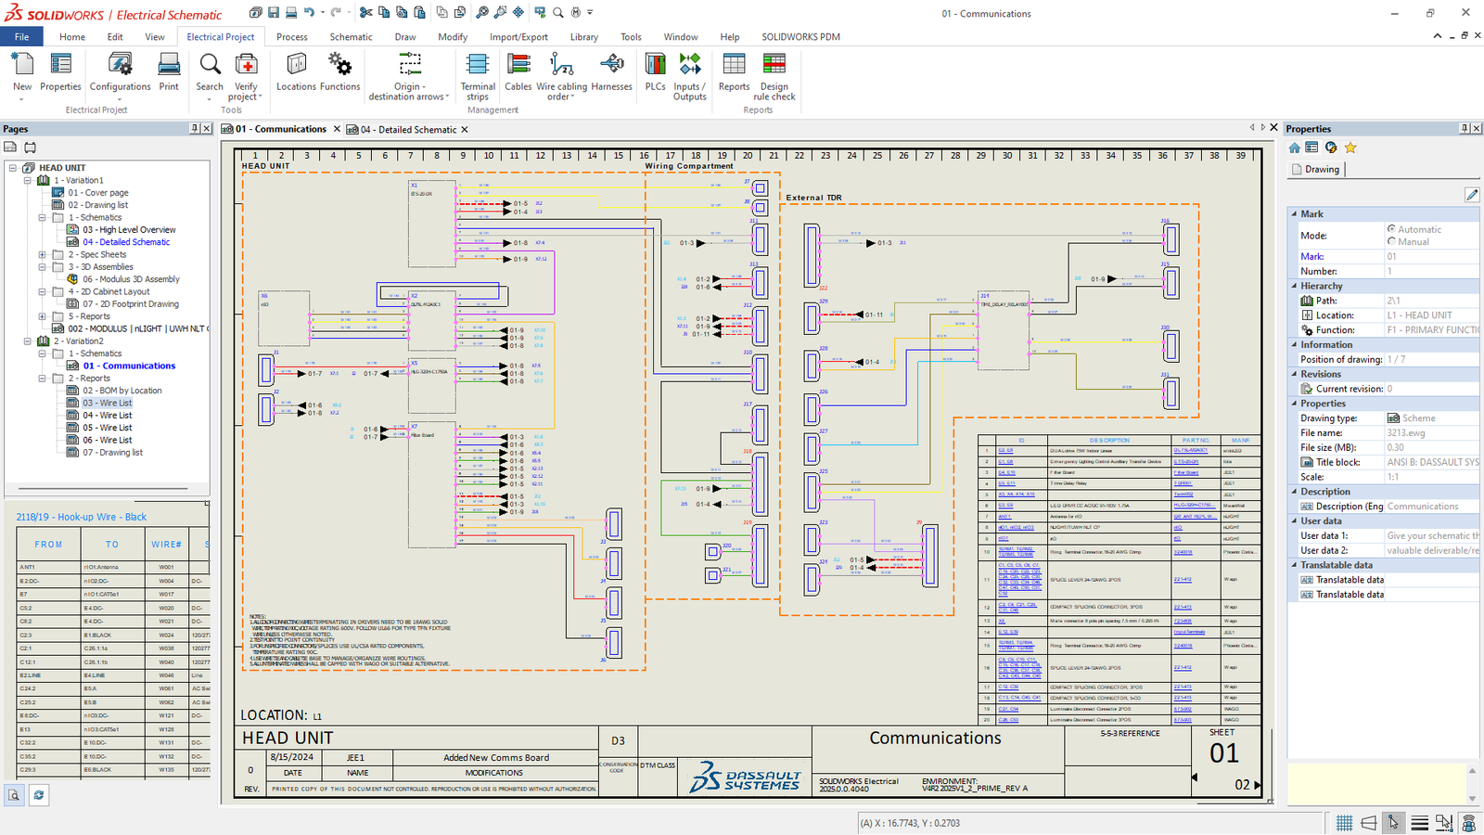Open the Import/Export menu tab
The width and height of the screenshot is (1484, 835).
pyautogui.click(x=518, y=37)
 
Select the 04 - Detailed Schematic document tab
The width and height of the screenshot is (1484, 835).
pyautogui.click(x=408, y=130)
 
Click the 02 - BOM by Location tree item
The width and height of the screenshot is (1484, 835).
pyautogui.click(x=122, y=391)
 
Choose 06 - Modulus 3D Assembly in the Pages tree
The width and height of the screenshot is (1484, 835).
pyautogui.click(x=131, y=279)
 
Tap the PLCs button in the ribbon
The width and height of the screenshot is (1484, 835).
pyautogui.click(x=656, y=73)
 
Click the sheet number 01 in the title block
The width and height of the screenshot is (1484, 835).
pyautogui.click(x=1223, y=753)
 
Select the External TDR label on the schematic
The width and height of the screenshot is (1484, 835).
pyautogui.click(x=813, y=198)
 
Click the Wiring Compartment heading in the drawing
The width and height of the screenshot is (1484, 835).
pyautogui.click(x=689, y=166)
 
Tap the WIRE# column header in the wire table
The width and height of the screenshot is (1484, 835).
pyautogui.click(x=167, y=545)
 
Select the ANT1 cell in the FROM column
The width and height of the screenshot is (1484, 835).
pyautogui.click(x=28, y=567)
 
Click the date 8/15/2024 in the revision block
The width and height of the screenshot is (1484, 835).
pyautogui.click(x=291, y=757)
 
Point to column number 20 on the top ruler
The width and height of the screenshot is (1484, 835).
pyautogui.click(x=748, y=156)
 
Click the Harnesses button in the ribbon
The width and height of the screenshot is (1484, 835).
pyautogui.click(x=611, y=73)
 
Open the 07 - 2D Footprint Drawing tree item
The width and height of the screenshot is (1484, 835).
pyautogui.click(x=130, y=304)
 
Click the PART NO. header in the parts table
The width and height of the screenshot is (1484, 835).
pyautogui.click(x=1196, y=440)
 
